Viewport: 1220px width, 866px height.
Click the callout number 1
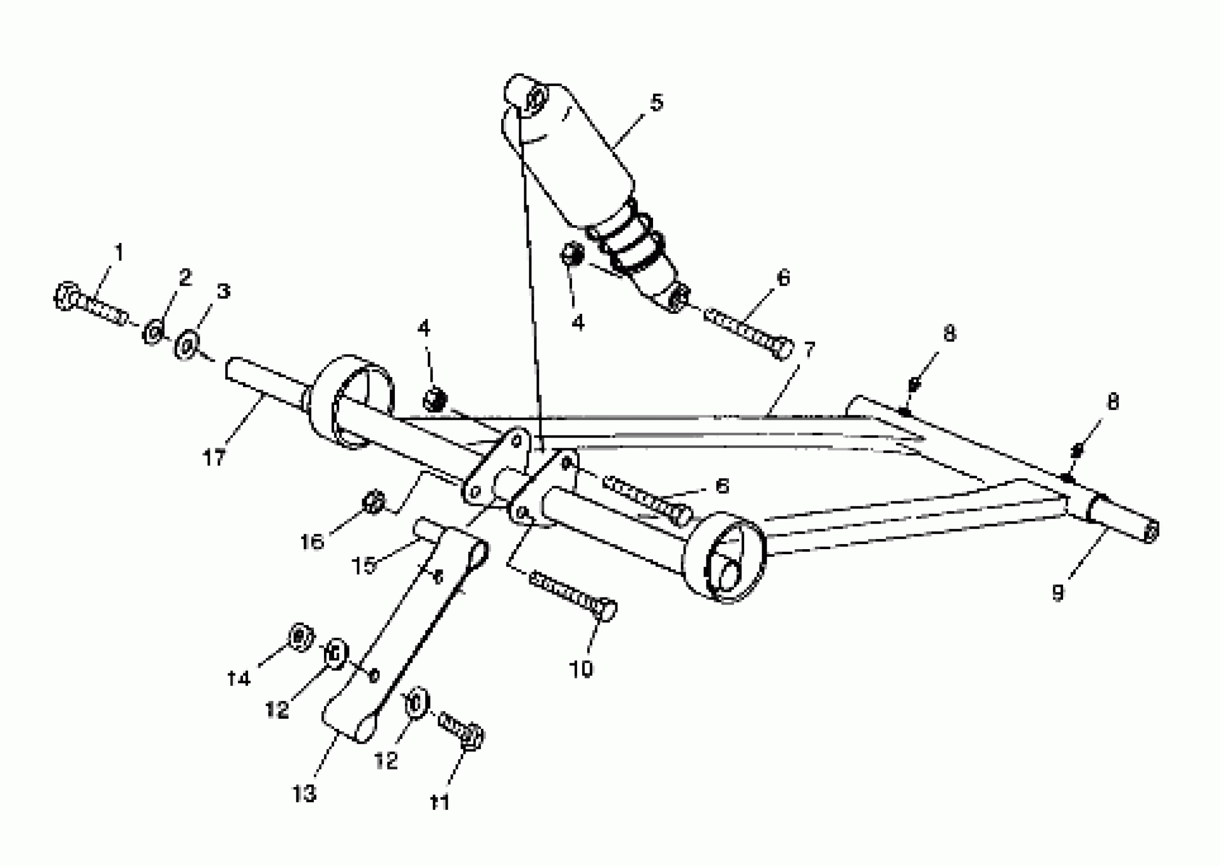(x=118, y=252)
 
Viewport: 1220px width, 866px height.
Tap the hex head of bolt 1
(x=66, y=295)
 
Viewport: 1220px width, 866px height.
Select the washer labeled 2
(x=153, y=333)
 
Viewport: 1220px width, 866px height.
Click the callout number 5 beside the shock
(x=657, y=102)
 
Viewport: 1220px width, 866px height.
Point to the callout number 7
(x=809, y=350)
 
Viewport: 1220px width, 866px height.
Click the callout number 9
(x=1058, y=592)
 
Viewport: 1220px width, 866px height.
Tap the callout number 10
(x=581, y=669)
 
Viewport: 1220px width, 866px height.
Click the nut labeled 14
(x=300, y=637)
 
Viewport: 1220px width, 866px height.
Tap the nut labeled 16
(x=372, y=502)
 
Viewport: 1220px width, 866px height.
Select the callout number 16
(x=312, y=542)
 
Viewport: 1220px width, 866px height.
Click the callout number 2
(x=184, y=277)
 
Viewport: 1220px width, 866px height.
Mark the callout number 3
(x=223, y=292)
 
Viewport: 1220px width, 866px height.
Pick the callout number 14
(x=238, y=679)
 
